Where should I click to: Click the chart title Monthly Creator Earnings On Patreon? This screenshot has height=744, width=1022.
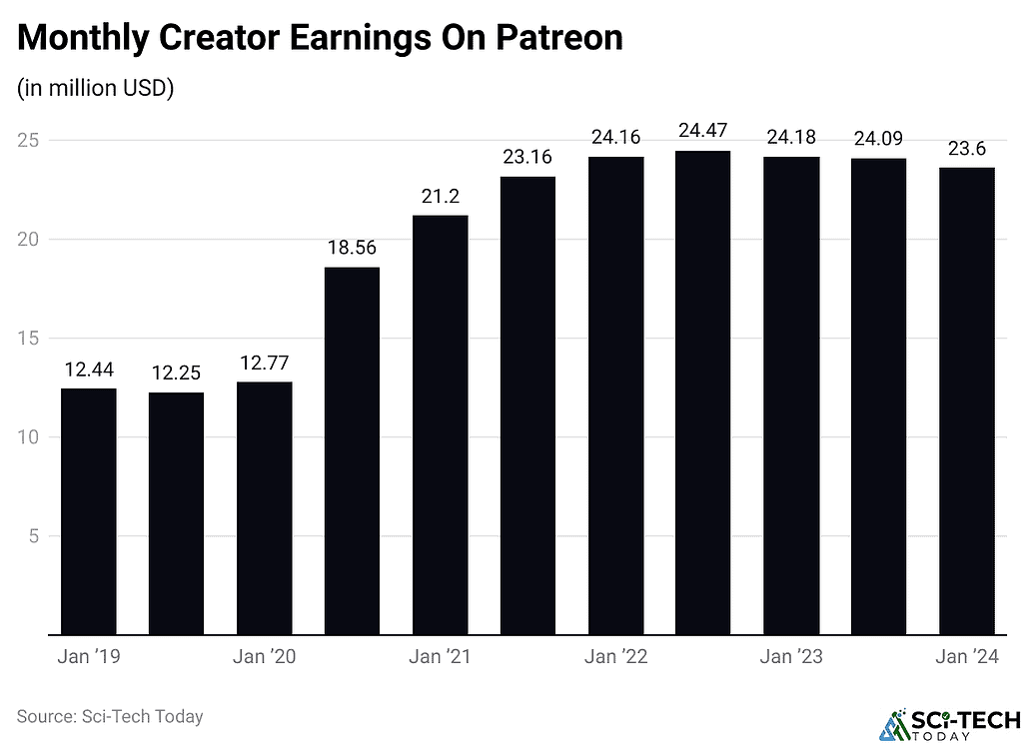320,38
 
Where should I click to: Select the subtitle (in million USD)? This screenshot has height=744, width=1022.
96,89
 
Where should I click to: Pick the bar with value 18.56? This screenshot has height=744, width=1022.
352,450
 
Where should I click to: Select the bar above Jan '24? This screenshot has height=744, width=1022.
966,400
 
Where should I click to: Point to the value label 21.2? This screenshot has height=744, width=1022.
440,195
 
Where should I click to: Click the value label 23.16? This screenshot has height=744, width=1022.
527,157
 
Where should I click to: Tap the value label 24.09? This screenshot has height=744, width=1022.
878,138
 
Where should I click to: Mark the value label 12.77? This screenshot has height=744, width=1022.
264,361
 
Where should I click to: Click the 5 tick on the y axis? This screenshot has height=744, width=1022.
33,536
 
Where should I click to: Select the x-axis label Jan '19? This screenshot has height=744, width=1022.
88,657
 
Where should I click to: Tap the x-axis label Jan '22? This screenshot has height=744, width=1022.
615,657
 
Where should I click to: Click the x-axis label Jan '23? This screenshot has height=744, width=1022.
791,657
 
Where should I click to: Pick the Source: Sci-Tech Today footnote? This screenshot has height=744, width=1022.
110,716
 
